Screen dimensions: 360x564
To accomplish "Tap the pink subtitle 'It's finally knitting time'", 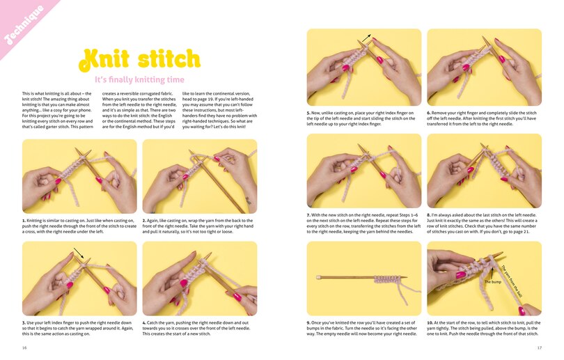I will (x=140, y=80).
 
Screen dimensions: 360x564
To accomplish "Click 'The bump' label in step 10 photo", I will (x=493, y=282).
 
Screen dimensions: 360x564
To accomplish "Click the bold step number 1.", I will (x=24, y=221).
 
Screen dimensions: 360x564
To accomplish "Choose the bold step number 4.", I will (x=144, y=322).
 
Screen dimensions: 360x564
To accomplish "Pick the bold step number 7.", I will (x=308, y=214).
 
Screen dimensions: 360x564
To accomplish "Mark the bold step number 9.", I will (x=308, y=322).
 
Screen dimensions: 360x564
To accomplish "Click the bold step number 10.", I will (x=430, y=322).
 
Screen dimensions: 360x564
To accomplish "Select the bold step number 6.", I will (x=429, y=112).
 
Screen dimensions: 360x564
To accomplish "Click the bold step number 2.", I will (x=144, y=221).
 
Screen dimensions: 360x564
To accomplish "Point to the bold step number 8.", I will (x=429, y=214).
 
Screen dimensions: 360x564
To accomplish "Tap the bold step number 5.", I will (x=308, y=112).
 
